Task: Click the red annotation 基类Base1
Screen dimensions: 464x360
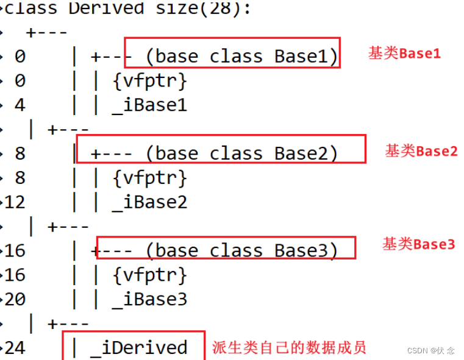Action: coord(404,54)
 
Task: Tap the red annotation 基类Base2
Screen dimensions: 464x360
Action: coord(421,151)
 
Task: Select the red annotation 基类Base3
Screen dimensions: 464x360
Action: coord(418,245)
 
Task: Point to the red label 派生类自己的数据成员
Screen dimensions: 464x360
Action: coord(289,348)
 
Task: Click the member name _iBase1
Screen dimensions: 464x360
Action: coord(149,105)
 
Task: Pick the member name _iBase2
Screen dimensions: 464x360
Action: coord(149,202)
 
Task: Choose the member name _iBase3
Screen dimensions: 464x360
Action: coord(149,299)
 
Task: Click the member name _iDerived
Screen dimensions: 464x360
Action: coord(138,348)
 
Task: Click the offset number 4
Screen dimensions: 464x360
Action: coord(20,105)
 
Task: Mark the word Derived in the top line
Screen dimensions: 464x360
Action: coord(106,9)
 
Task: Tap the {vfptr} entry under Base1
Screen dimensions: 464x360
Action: coord(149,80)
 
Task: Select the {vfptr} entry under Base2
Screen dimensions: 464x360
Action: coord(149,178)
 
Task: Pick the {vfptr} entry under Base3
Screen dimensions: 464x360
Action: coord(149,275)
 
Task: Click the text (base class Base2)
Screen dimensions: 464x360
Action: coord(241,153)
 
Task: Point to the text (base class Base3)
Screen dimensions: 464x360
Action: coord(241,250)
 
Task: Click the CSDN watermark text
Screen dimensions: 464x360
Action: coord(430,350)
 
